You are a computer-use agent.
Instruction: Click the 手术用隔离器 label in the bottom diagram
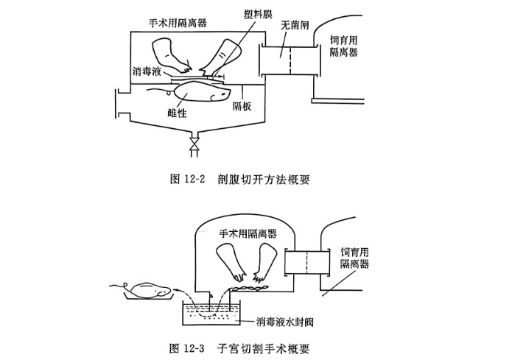(248, 232)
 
